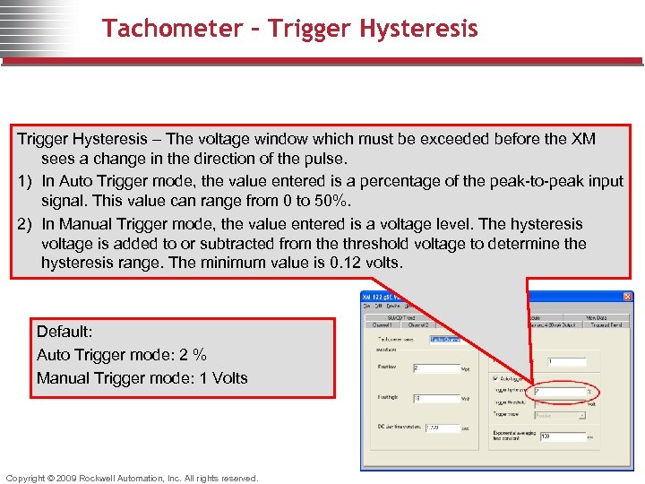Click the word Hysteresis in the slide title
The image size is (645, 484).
(x=418, y=29)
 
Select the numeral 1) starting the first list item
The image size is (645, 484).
(x=26, y=181)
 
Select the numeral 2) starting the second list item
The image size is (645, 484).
(x=26, y=224)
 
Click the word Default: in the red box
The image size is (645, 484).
(x=65, y=332)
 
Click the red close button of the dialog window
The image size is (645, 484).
(x=627, y=297)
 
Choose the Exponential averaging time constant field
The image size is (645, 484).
(x=560, y=436)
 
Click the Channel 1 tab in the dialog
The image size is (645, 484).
(x=383, y=324)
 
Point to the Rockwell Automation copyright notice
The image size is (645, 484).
(x=132, y=478)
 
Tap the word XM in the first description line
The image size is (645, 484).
(x=583, y=139)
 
